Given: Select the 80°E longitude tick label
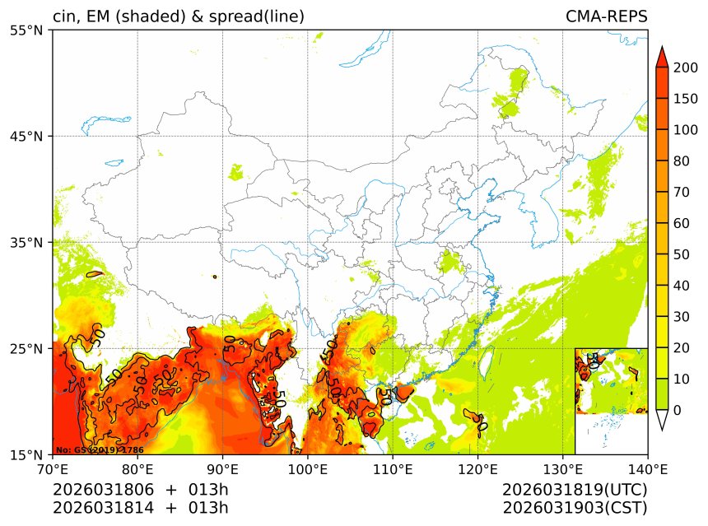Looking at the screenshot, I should pyautogui.click(x=137, y=470).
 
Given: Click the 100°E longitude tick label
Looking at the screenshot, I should pyautogui.click(x=307, y=470).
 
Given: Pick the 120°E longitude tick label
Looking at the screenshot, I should pyautogui.click(x=477, y=470).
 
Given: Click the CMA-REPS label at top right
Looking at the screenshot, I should pyautogui.click(x=606, y=16).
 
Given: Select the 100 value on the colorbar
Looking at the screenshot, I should pyautogui.click(x=685, y=130).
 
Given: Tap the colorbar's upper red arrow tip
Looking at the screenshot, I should pyautogui.click(x=661, y=51).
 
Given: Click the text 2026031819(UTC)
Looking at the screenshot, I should pyautogui.click(x=575, y=490).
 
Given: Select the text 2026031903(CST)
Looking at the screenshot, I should pyautogui.click(x=575, y=507).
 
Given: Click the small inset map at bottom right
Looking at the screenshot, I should pyautogui.click(x=611, y=380).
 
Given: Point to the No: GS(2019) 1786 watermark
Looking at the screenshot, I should pyautogui.click(x=100, y=450).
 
